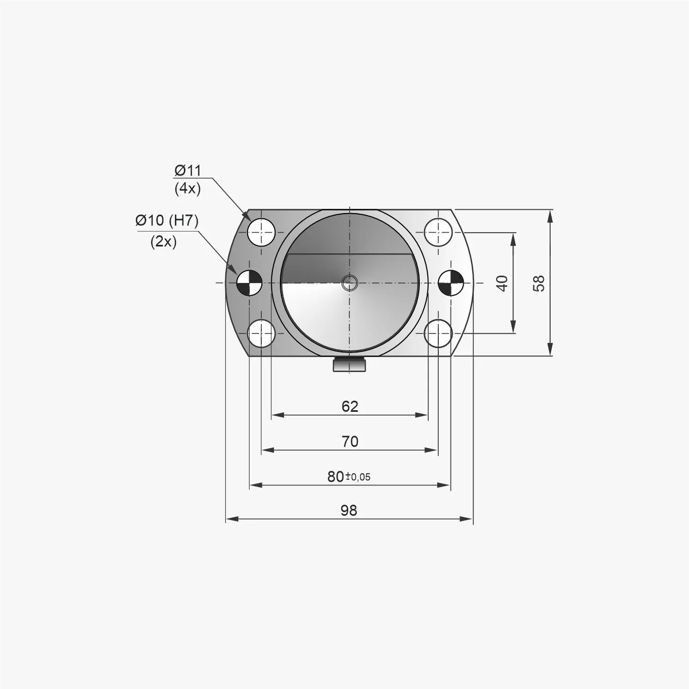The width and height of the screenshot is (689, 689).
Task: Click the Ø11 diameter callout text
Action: point(188,171)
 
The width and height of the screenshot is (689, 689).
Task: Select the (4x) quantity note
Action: point(188,189)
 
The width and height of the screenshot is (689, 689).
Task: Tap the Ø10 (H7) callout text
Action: point(166,220)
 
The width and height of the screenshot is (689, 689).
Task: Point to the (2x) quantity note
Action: point(163,242)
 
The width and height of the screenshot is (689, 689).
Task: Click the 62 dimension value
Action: point(350,406)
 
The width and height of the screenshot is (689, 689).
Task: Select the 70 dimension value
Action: point(350,441)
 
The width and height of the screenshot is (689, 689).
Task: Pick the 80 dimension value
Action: point(335,476)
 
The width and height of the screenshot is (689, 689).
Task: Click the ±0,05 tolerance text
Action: point(358,476)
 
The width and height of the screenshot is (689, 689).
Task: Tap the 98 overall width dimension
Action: point(349,510)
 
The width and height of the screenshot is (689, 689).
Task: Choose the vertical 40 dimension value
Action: point(503,283)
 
